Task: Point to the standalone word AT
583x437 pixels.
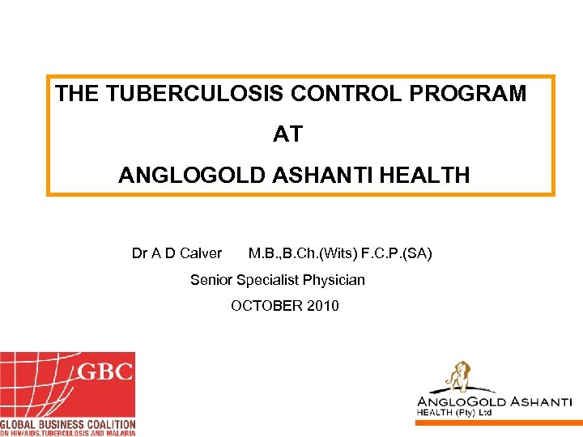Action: click(x=287, y=134)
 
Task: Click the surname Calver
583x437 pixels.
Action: click(x=201, y=254)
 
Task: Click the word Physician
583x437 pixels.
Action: click(x=334, y=280)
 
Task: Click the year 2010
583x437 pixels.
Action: click(x=323, y=306)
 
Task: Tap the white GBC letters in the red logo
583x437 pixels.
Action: click(x=104, y=373)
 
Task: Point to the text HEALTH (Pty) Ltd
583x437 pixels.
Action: click(x=454, y=413)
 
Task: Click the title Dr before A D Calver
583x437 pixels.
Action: click(x=139, y=254)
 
